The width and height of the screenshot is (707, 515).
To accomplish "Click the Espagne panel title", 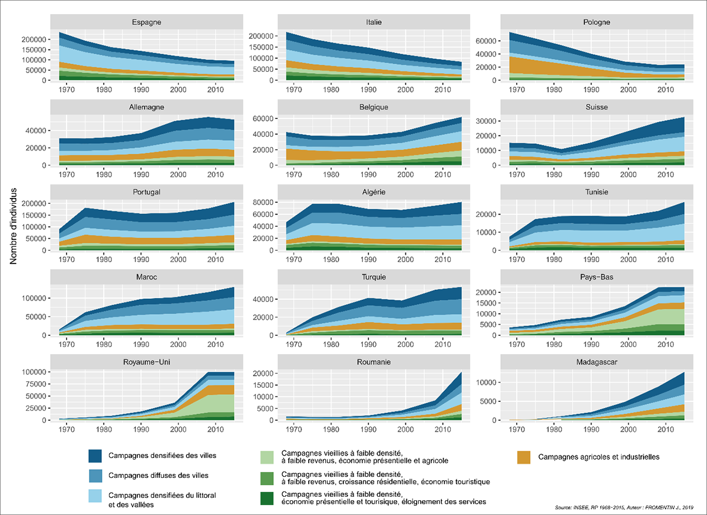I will click(x=147, y=22).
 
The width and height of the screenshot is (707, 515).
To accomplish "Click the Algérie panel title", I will click(x=371, y=192).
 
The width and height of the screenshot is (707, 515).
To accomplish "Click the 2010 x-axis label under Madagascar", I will click(x=665, y=429).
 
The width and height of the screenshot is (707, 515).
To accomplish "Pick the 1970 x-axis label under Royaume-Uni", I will click(x=65, y=429).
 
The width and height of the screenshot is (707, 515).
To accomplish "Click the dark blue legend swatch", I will click(x=95, y=456).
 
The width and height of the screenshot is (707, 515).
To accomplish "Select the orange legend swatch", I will click(x=524, y=457).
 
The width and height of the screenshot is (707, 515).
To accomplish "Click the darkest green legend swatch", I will click(x=268, y=498).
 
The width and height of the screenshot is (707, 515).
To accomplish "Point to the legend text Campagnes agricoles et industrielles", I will click(x=599, y=457).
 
